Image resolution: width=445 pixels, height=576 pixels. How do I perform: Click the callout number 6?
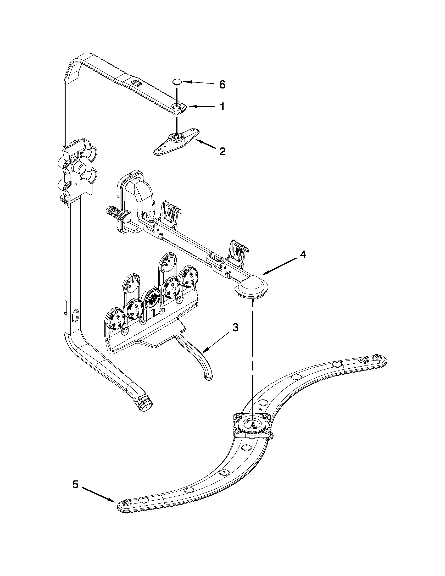pyautogui.click(x=222, y=85)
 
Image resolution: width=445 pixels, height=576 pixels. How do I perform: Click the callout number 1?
pyautogui.click(x=222, y=107)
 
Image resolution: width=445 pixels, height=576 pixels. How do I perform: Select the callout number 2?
pyautogui.click(x=222, y=151)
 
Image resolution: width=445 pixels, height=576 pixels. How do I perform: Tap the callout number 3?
pyautogui.click(x=235, y=328)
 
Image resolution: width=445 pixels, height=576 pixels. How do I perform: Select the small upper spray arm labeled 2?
pyautogui.click(x=176, y=142)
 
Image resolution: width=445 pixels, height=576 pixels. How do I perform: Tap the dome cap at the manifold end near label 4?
pyautogui.click(x=251, y=286)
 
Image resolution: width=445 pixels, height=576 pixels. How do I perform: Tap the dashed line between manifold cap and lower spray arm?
pyautogui.click(x=253, y=356)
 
